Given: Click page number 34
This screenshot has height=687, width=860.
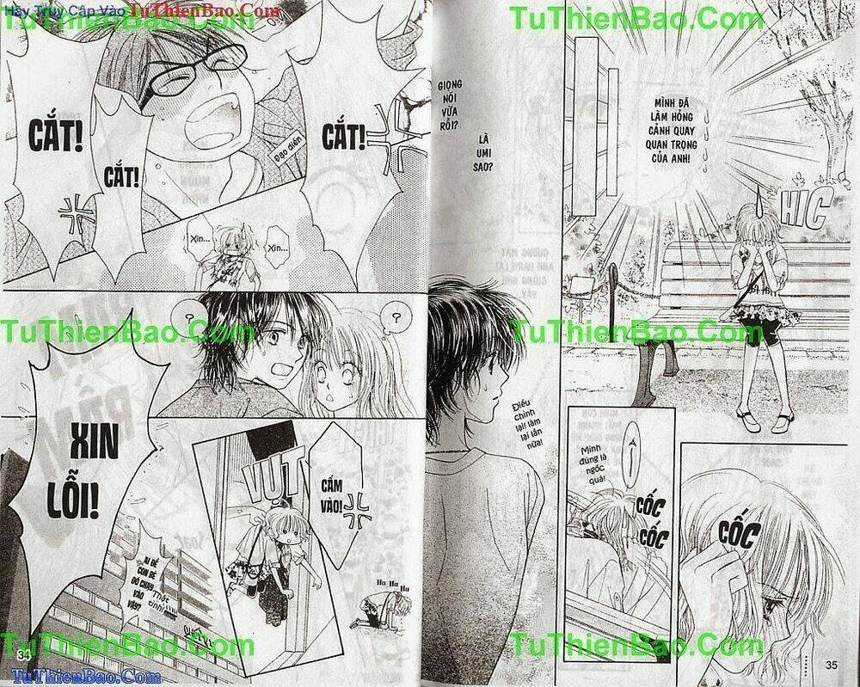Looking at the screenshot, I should tap(22, 657).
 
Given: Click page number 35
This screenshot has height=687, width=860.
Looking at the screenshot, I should tap(831, 663).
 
